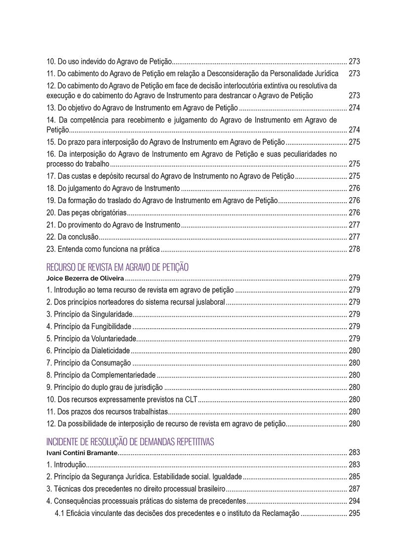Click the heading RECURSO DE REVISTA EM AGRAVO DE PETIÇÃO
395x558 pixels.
click(118, 267)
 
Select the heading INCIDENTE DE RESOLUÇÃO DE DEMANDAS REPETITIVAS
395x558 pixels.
click(130, 442)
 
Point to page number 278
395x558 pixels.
click(354, 249)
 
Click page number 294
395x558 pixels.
click(354, 501)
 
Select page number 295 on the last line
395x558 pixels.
click(354, 514)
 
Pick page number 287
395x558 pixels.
click(354, 489)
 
